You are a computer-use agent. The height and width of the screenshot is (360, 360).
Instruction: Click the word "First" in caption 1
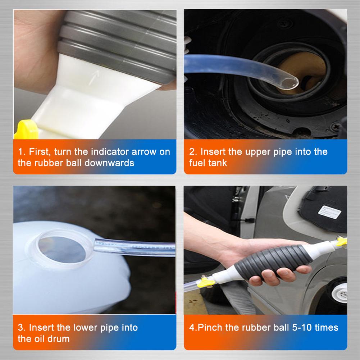[39, 151]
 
